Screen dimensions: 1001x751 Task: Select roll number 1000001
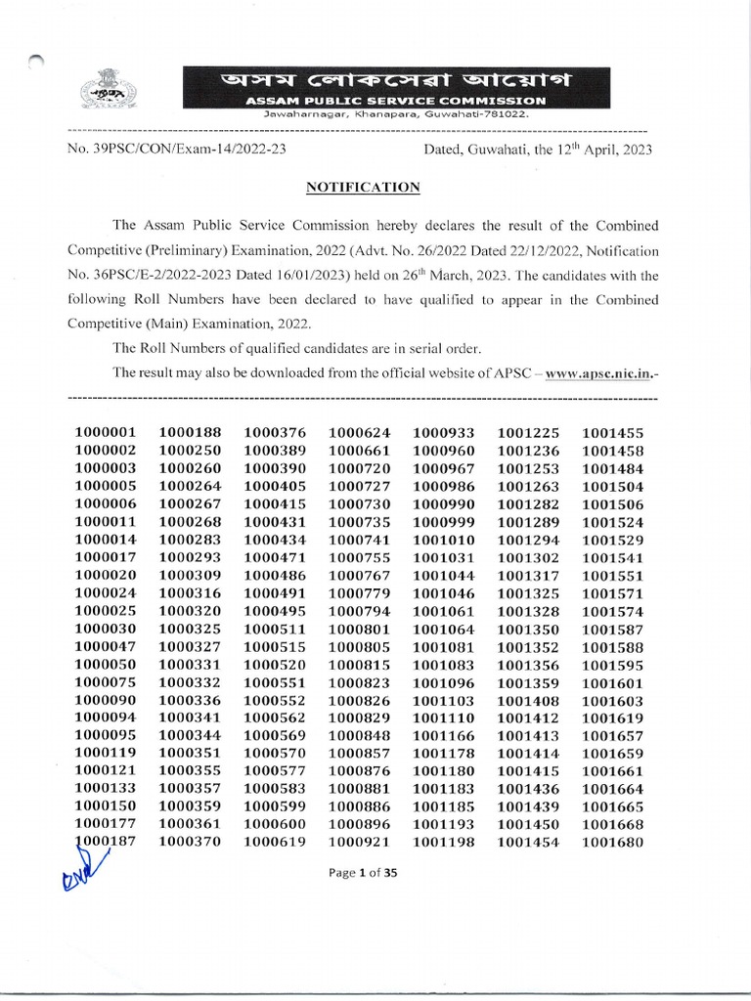click(106, 432)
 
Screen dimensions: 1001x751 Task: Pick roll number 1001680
click(612, 843)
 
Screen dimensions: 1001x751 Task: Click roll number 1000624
click(359, 432)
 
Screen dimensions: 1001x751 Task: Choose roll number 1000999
click(444, 522)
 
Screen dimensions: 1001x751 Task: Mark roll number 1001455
click(612, 432)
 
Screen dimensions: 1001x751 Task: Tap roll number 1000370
click(190, 843)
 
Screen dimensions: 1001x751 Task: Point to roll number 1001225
click(528, 432)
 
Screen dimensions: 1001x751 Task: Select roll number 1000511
click(275, 629)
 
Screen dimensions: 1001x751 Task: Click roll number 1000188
click(190, 432)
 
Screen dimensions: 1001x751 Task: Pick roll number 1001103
click(444, 701)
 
